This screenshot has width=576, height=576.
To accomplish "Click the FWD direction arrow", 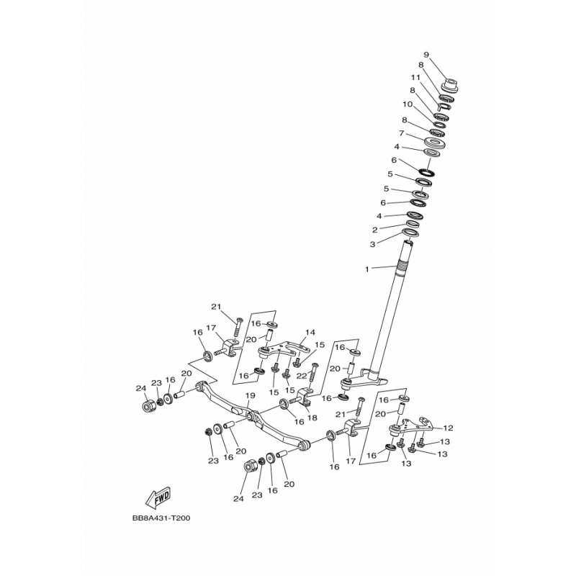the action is click(x=158, y=498).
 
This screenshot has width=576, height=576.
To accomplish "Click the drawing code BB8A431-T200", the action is click(x=161, y=518).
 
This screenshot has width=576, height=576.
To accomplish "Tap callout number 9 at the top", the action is click(x=426, y=55).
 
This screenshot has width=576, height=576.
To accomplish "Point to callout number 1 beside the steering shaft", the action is click(x=366, y=269).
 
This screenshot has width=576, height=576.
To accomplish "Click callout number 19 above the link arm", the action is click(x=250, y=395).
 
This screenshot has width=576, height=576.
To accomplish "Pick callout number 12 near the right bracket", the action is click(x=448, y=428).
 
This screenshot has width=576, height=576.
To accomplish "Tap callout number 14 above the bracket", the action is click(x=310, y=333).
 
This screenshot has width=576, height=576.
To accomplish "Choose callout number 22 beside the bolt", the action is click(x=301, y=376).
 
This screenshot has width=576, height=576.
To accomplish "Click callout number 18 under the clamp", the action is click(x=312, y=418).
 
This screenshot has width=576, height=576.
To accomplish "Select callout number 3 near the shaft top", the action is click(x=372, y=244).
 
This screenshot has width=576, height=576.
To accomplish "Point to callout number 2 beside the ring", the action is click(x=374, y=230).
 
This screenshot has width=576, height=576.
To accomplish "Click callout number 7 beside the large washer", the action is click(x=402, y=133).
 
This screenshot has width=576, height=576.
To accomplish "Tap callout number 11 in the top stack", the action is click(x=415, y=78).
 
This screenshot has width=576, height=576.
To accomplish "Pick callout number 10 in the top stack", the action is click(x=408, y=104).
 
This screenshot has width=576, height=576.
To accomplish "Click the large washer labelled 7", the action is click(x=436, y=142).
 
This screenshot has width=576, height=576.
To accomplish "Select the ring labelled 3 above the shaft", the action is click(x=410, y=233).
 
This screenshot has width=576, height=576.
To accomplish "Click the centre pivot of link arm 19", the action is click(x=251, y=417).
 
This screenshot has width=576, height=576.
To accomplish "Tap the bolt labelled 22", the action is click(x=314, y=373).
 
